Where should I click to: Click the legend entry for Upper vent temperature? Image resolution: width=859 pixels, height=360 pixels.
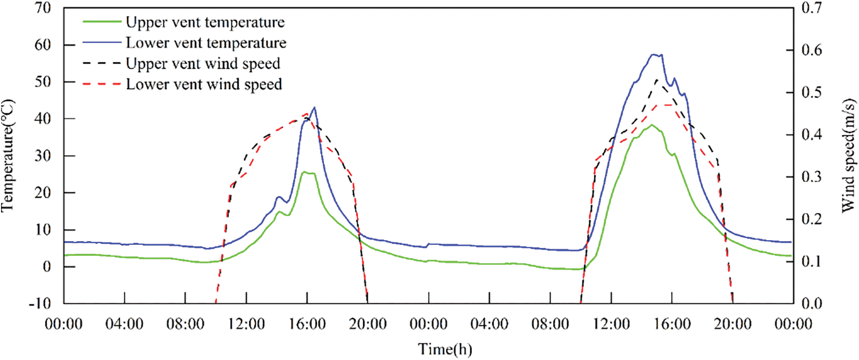click(205, 22)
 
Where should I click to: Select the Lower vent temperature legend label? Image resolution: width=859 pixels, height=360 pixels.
click(206, 43)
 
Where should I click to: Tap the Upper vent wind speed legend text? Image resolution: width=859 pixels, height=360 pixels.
click(203, 63)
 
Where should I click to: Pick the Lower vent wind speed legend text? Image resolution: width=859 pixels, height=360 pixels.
click(204, 84)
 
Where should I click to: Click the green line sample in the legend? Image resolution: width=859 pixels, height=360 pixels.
click(102, 22)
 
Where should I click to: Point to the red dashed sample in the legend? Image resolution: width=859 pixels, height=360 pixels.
click(102, 84)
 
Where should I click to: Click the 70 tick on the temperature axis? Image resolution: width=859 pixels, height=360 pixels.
click(43, 8)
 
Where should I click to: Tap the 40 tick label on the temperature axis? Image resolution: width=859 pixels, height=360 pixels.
click(43, 119)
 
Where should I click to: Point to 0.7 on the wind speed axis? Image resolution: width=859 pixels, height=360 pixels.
click(812, 8)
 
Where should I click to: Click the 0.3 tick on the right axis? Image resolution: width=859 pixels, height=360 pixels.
click(812, 177)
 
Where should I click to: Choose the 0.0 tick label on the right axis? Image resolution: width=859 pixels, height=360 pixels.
click(812, 303)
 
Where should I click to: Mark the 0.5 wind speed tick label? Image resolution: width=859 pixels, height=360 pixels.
click(812, 92)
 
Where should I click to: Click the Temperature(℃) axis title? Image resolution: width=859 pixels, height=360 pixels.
click(8, 156)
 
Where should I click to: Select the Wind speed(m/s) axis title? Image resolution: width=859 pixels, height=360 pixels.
click(848, 156)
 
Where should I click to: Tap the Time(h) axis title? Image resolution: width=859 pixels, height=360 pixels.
click(445, 350)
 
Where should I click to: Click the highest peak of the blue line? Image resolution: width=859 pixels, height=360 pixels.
click(655, 54)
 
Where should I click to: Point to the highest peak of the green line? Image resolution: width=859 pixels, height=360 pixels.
click(651, 124)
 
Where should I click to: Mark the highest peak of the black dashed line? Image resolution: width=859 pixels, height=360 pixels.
click(657, 79)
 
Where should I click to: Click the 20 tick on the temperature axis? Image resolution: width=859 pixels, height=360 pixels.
click(43, 193)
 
